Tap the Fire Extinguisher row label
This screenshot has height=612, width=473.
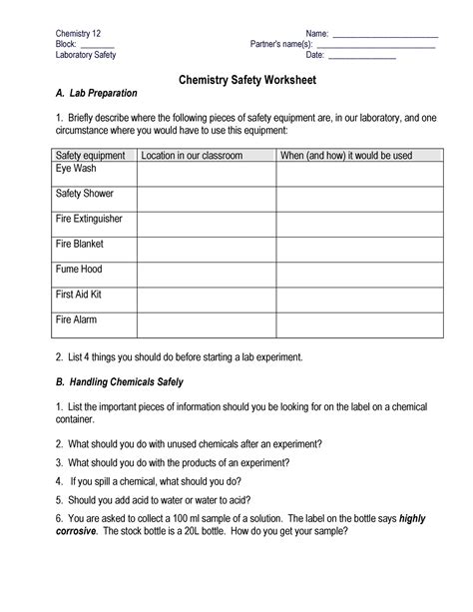[90, 218]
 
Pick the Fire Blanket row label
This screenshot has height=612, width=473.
[80, 244]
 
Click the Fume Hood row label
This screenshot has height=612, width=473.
[79, 269]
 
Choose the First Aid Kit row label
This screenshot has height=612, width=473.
[79, 295]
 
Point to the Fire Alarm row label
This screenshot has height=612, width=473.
[77, 320]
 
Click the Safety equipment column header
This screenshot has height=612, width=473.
[90, 156]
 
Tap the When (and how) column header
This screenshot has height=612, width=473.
[345, 156]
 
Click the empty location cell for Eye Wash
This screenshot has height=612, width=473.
[206, 173]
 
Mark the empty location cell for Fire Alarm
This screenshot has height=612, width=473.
[206, 324]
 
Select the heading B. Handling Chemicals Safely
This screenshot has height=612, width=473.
[119, 381]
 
